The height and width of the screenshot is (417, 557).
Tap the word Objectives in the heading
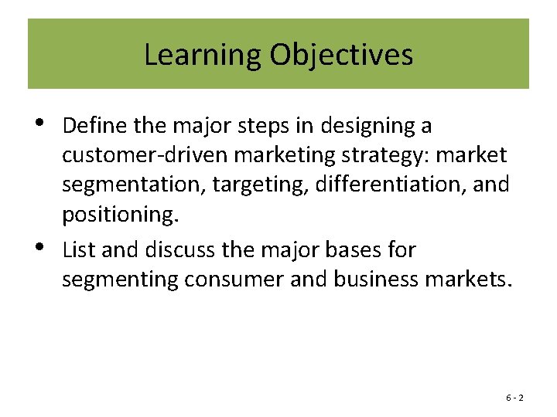(x=342, y=55)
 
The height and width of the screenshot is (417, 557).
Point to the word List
(x=77, y=249)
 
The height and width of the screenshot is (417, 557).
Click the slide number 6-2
(x=515, y=398)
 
